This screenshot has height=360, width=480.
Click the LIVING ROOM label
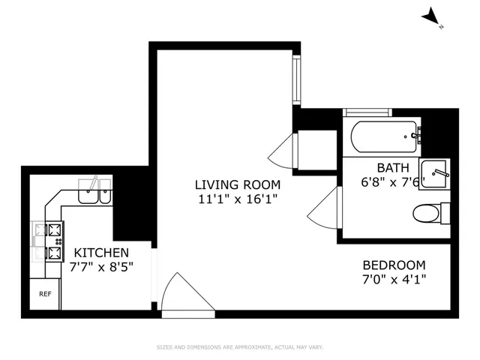238,184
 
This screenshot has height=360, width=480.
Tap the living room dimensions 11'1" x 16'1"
238,199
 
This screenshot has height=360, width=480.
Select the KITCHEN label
100,253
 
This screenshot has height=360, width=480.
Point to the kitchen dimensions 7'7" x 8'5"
100,268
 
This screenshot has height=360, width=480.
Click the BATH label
391,168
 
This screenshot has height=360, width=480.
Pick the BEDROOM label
394,265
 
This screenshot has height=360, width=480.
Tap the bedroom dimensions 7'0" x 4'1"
394,280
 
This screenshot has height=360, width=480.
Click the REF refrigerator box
45,293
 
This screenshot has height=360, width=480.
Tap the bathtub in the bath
385,136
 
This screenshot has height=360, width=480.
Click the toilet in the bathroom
430,213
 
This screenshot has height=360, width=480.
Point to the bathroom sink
433,173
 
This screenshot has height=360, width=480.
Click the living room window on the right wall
297,79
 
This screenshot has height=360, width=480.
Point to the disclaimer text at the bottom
239,346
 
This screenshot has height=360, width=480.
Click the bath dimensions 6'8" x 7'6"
393,182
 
